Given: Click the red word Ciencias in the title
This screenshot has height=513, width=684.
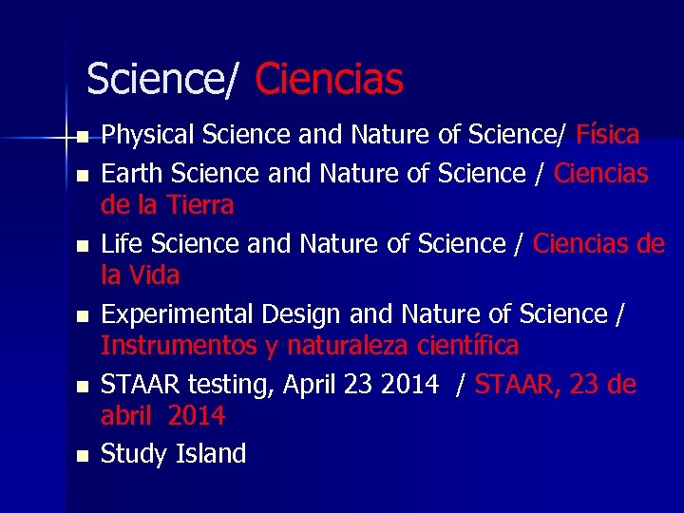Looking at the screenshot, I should click(330, 80).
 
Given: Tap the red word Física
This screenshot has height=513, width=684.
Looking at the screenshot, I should click(607, 135).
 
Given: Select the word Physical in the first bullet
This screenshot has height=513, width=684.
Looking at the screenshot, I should click(142, 136).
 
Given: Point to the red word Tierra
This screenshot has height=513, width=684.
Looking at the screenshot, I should click(200, 205).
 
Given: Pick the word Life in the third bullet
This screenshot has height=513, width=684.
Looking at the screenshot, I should click(120, 244).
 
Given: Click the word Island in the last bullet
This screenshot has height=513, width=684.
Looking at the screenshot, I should click(211, 454).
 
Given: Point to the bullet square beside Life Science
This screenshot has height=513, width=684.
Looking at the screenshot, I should click(83, 246).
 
